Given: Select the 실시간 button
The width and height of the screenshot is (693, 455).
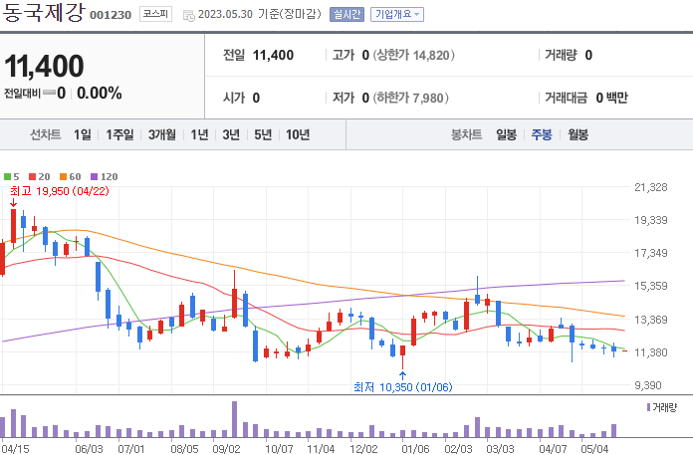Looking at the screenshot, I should tap(347, 15).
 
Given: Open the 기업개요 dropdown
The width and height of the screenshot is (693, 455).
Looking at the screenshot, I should tap(397, 15).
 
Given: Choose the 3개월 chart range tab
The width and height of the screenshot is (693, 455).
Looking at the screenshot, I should tap(162, 134).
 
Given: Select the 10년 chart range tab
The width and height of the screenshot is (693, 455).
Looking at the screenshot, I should tap(297, 134).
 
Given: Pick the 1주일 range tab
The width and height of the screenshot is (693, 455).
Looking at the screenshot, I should tap(120, 134).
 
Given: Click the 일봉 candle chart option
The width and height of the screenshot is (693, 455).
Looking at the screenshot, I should tap(506, 134).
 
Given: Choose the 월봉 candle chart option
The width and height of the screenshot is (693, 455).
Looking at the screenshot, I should tap(578, 134).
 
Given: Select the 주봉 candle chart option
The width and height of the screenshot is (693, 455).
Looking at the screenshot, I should tap(542, 134).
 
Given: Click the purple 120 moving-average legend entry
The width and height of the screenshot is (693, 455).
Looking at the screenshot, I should tap(105, 176).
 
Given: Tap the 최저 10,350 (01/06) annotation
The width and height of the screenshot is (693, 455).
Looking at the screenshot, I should tap(395, 387).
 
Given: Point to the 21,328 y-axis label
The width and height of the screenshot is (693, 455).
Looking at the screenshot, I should tap(651, 187).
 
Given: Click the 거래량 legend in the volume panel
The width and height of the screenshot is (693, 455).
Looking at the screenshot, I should tap(662, 407).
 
